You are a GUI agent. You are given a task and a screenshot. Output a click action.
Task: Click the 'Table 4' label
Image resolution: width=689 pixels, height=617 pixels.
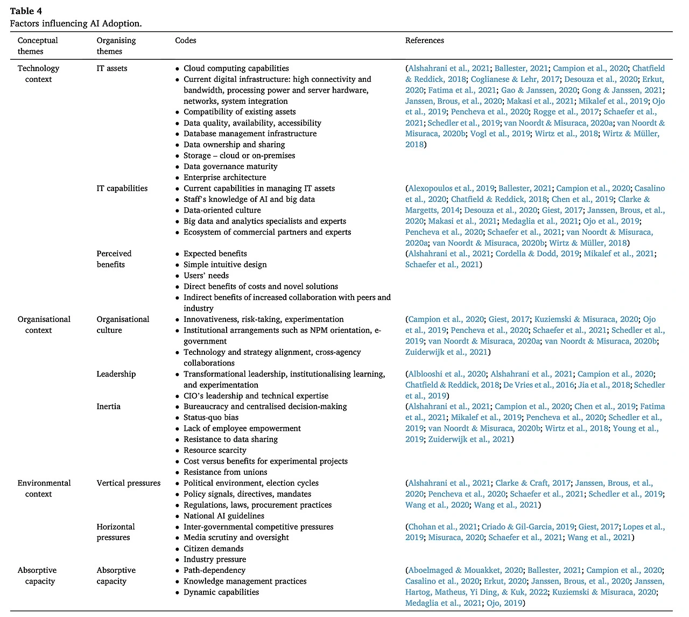click(x=26, y=11)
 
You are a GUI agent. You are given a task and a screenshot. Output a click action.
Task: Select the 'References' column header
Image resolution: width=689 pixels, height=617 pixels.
click(x=424, y=40)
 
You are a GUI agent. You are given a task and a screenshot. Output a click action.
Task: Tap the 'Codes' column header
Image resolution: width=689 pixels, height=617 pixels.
click(x=186, y=40)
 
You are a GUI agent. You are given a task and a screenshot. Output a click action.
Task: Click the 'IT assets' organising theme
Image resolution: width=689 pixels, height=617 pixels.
click(x=112, y=68)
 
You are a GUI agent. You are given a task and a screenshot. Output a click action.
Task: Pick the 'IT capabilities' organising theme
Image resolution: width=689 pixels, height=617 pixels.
click(x=122, y=188)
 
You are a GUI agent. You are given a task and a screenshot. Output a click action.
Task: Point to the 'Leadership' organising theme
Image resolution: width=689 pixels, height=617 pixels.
click(x=116, y=374)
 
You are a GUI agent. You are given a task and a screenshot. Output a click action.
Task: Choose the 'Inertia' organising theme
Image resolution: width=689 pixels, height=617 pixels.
click(x=108, y=406)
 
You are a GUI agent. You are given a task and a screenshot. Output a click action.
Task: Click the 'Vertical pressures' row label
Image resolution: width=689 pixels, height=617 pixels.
click(x=129, y=483)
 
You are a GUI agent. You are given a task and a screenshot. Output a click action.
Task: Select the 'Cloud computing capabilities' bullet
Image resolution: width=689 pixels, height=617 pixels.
click(x=236, y=68)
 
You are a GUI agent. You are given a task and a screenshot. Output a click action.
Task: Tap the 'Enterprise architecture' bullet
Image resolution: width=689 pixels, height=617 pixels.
click(x=224, y=178)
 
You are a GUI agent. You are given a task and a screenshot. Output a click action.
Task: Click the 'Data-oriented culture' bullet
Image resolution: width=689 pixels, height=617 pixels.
click(x=222, y=211)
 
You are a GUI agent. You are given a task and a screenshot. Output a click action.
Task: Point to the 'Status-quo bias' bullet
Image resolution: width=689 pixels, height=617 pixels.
click(x=210, y=418)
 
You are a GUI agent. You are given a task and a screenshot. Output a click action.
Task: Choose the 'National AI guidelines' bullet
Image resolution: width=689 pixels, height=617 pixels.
click(x=223, y=516)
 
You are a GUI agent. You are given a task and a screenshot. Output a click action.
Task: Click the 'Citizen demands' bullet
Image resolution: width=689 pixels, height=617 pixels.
click(x=213, y=549)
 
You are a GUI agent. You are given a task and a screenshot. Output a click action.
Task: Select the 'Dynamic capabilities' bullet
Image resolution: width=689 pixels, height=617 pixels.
click(x=221, y=592)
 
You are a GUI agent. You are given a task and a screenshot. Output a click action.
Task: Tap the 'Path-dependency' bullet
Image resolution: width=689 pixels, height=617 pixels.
click(x=214, y=570)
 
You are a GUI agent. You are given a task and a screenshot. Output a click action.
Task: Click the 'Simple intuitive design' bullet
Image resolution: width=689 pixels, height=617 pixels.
click(x=225, y=265)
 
